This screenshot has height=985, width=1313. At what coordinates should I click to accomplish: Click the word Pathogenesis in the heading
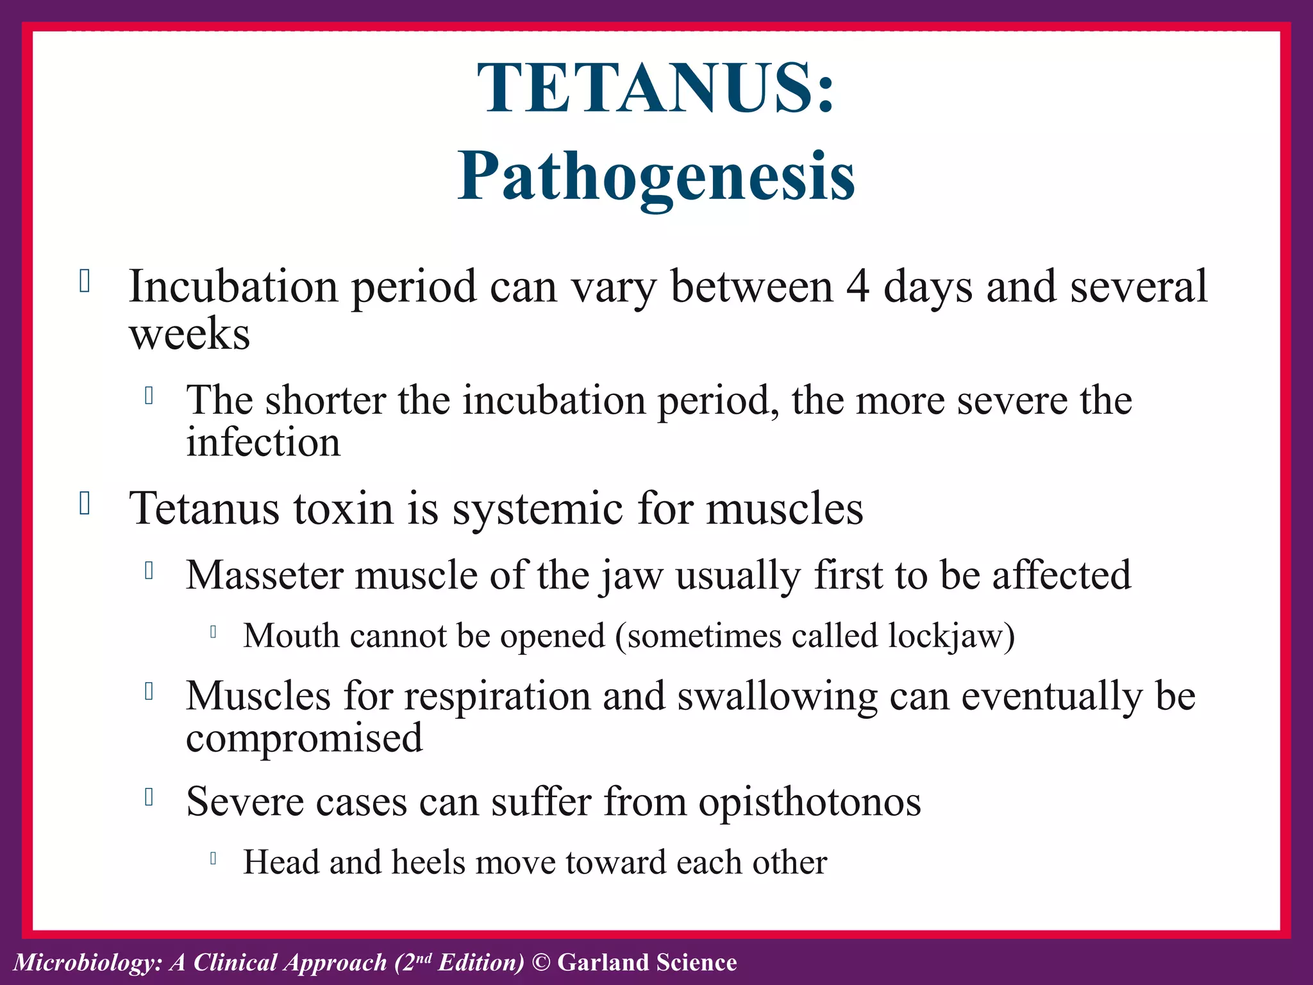tap(656, 176)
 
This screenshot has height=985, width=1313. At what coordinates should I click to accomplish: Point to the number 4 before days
tap(858, 286)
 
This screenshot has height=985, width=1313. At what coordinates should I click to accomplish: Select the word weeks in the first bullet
tap(190, 334)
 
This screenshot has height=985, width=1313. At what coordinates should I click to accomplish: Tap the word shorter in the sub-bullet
tap(325, 400)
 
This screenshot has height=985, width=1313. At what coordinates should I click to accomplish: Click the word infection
tap(263, 442)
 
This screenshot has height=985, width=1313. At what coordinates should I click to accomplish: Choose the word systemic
tap(538, 509)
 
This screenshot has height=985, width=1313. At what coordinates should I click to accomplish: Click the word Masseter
tap(264, 575)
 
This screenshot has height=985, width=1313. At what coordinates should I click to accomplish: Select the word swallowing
tap(777, 697)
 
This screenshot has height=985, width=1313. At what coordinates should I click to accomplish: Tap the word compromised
tap(305, 738)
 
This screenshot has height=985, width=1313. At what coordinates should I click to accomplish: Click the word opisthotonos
tap(810, 802)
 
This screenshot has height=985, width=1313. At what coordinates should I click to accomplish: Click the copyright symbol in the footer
tap(542, 963)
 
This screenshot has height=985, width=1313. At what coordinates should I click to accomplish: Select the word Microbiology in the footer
tap(86, 963)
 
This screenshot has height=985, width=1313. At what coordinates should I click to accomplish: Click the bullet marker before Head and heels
tap(213, 858)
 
